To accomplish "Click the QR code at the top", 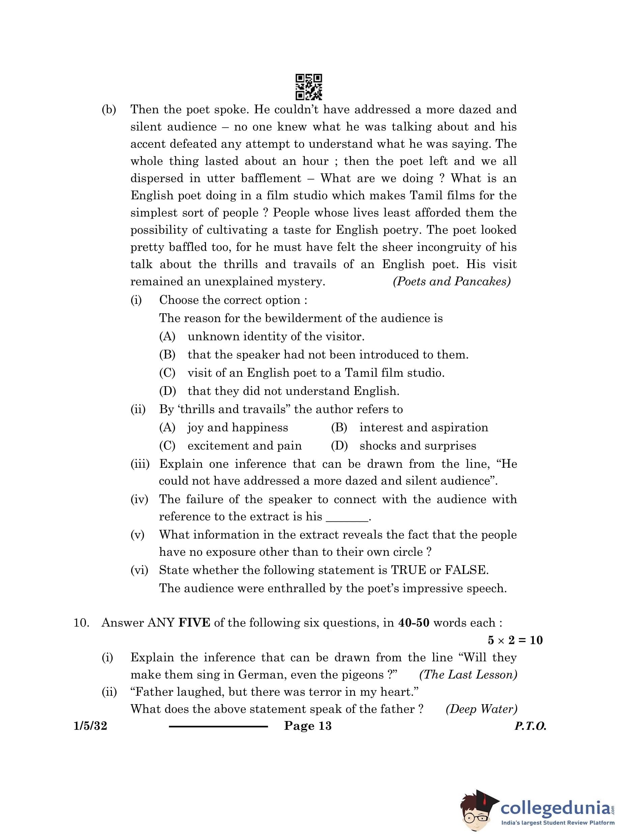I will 308,87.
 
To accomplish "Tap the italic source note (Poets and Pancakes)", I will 451,282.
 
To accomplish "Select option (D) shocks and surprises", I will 417,445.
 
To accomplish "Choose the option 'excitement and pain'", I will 244,445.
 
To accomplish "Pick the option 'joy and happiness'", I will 238,428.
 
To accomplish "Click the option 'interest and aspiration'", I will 423,428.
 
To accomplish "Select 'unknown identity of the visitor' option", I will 276,337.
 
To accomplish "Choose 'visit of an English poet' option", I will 316,373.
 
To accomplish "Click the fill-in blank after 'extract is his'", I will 347,518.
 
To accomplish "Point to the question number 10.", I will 81,623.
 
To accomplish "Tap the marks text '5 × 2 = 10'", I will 515,640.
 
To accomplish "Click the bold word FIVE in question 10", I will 194,623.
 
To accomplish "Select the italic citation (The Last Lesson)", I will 468,675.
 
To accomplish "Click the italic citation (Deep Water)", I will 481,710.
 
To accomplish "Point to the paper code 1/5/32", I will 90,726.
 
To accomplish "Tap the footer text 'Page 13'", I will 307,726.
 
